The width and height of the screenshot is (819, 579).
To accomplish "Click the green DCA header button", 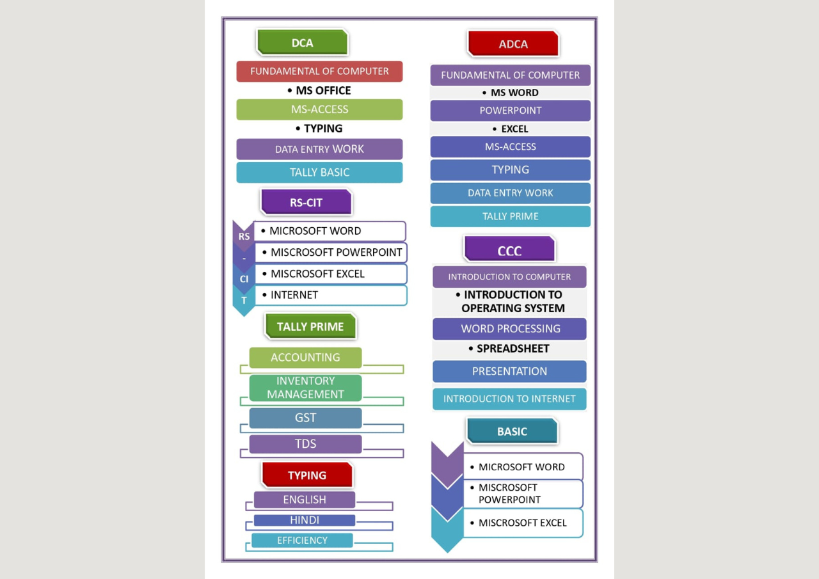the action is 303,42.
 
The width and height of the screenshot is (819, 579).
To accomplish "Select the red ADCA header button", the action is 513,44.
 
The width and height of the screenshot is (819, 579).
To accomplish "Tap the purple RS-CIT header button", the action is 306,202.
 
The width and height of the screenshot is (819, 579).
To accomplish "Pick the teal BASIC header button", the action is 513,431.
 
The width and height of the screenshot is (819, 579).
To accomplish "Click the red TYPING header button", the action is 307,475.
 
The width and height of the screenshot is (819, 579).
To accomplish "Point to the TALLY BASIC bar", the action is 319,172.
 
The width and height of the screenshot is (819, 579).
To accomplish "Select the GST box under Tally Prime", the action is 306,418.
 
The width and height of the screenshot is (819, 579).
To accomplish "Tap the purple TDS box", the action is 306,444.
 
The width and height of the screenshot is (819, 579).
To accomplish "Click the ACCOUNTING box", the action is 306,357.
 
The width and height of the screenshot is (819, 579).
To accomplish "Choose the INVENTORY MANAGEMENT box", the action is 306,388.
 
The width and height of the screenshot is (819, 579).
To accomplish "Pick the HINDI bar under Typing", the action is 305,520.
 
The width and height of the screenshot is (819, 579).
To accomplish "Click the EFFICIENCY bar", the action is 303,540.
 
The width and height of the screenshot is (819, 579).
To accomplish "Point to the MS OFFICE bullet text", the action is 319,90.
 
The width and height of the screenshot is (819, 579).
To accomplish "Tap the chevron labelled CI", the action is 244,279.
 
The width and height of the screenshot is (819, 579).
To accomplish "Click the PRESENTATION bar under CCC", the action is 510,371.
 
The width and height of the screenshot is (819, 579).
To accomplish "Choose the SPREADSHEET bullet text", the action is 509,348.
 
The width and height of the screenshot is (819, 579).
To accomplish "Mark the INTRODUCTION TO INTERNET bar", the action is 510,399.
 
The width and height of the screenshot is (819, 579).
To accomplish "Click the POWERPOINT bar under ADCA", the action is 511,111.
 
